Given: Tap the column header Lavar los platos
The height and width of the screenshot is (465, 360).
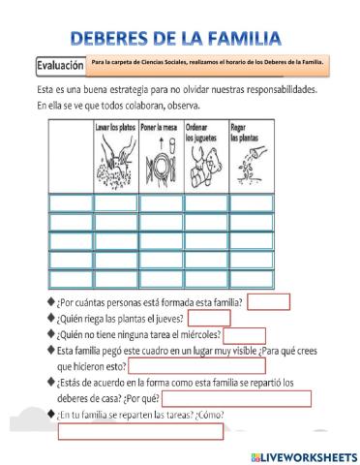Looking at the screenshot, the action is [113, 128].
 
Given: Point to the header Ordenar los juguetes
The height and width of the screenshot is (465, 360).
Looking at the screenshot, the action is [204, 131].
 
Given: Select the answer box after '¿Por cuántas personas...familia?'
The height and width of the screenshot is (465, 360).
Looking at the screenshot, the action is [268, 301].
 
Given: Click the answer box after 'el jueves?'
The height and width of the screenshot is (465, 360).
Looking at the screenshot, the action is [208, 318].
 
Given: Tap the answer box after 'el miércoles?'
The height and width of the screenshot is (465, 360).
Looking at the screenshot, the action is [244, 335].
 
